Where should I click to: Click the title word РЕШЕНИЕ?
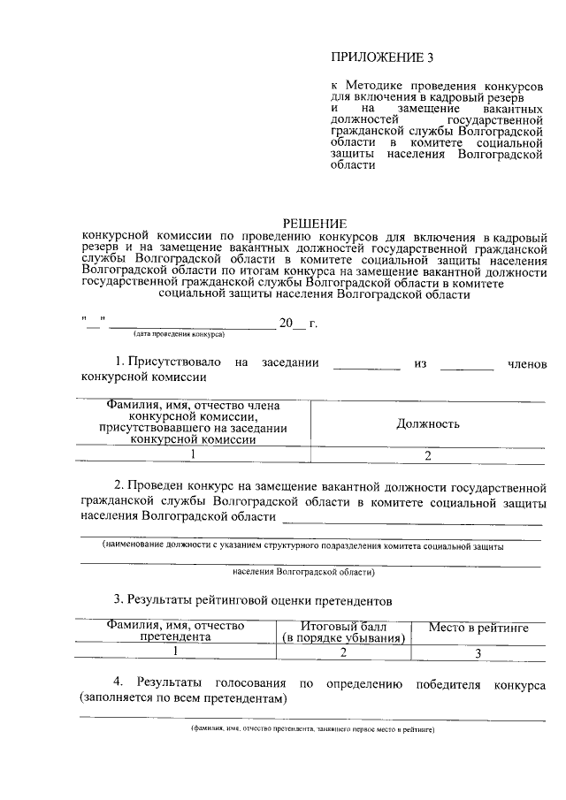coord(315,224)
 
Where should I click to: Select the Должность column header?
coord(427,423)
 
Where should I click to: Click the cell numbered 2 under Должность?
coord(427,455)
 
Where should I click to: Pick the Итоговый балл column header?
coord(343,631)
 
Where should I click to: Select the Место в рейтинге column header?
coord(478,628)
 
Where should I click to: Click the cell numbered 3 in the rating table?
coord(478,654)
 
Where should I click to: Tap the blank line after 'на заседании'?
coord(366,363)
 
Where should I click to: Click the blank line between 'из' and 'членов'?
coord(467,363)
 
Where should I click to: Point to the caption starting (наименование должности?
coord(302,546)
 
